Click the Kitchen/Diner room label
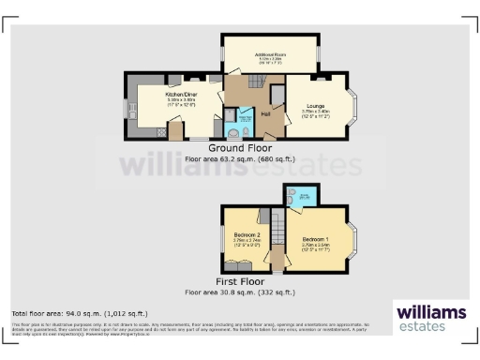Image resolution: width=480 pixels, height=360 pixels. click(181, 95)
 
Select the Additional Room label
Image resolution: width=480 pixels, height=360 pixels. click(269, 56)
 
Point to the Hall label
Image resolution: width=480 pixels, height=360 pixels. click(266, 112)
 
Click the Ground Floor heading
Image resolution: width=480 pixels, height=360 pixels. click(240, 149)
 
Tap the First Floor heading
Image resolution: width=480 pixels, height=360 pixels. click(240, 281)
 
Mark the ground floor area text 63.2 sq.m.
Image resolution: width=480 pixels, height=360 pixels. click(240, 159)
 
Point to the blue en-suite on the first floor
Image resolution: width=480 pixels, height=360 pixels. click(305, 196)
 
